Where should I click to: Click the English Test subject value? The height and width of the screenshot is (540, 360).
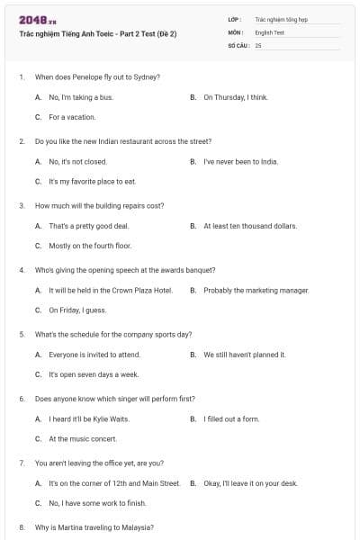(x=269, y=31)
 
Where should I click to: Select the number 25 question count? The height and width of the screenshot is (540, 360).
(x=258, y=44)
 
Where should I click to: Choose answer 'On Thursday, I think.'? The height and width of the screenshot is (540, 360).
(x=235, y=97)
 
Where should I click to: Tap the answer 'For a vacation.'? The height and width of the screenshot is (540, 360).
(x=72, y=117)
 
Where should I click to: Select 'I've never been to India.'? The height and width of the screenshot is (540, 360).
(x=240, y=162)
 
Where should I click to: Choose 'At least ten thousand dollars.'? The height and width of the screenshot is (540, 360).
(x=249, y=226)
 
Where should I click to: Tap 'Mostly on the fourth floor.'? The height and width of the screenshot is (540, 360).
(x=89, y=246)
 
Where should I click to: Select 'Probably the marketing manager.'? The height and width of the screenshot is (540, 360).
(x=256, y=291)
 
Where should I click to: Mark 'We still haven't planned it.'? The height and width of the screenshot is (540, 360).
(x=245, y=355)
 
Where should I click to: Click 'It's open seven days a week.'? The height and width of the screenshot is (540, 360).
(x=94, y=374)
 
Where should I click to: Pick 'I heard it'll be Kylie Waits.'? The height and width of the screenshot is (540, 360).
(x=89, y=419)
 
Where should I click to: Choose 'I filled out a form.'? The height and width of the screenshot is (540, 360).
(x=231, y=419)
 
